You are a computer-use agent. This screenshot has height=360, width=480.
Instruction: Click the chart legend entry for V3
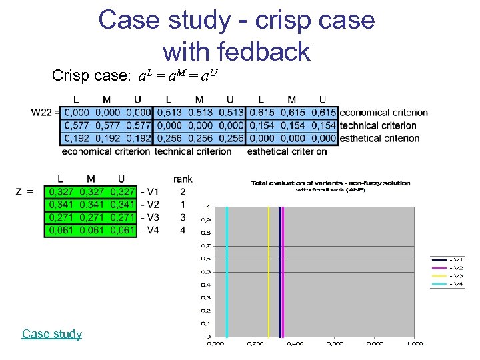(448, 275)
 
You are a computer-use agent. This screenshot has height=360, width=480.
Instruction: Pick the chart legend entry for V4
(448, 284)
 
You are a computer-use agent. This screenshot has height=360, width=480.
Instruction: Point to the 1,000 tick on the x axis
(414, 343)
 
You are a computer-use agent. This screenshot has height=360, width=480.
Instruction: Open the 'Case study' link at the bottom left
(51, 333)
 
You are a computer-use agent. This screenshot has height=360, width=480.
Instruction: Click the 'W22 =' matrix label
(45, 113)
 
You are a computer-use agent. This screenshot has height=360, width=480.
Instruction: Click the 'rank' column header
(183, 179)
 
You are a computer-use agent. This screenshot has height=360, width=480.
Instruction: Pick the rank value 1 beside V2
(183, 205)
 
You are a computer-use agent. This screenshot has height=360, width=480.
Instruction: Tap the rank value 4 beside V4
(183, 230)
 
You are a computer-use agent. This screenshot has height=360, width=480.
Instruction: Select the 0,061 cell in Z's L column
(60, 230)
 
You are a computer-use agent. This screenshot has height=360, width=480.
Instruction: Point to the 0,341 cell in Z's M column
(91, 205)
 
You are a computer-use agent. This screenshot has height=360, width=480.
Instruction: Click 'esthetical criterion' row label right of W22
(379, 139)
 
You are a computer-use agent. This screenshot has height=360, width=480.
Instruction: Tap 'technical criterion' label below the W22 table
(193, 151)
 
